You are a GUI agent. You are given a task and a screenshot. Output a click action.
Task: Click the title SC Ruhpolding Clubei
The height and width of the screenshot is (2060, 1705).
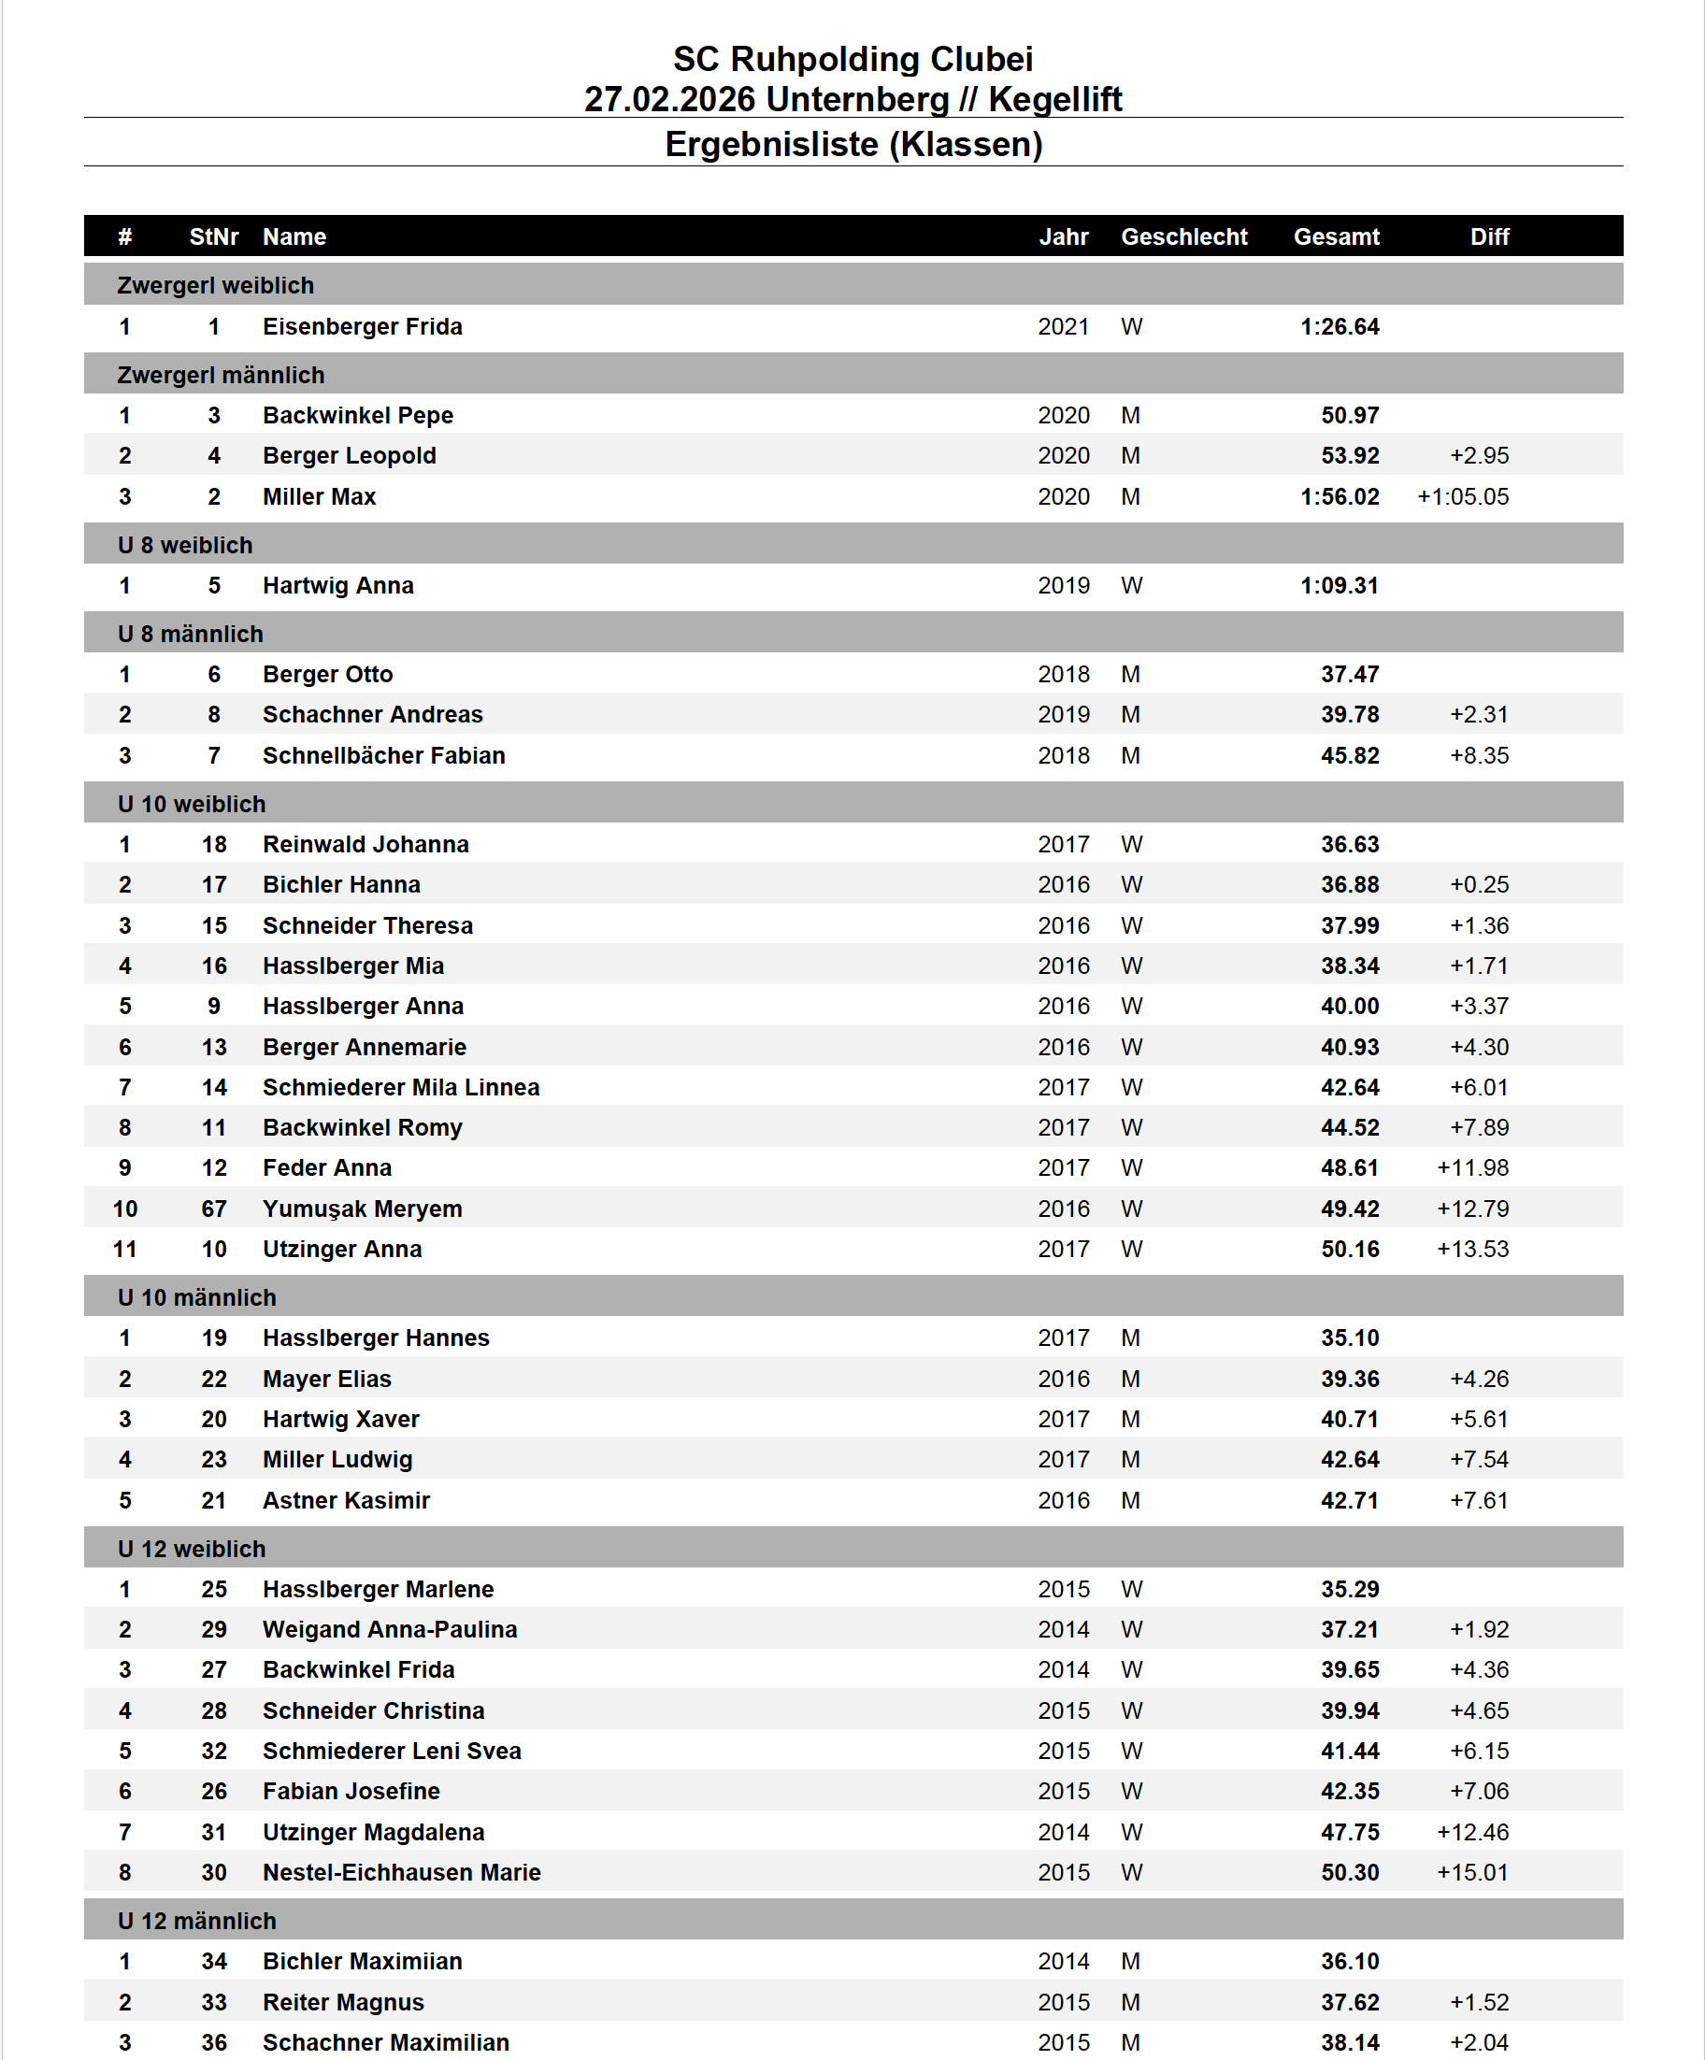pyautogui.click(x=852, y=59)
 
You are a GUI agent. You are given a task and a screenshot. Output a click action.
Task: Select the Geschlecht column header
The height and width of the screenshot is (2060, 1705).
pyautogui.click(x=1183, y=236)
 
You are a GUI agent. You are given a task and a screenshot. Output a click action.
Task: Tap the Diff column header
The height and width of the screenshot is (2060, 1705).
pyautogui.click(x=1488, y=236)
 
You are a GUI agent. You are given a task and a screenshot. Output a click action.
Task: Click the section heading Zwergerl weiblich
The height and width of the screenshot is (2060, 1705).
pyautogui.click(x=216, y=285)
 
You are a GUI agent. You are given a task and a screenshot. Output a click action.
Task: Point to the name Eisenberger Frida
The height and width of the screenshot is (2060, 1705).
pyautogui.click(x=362, y=326)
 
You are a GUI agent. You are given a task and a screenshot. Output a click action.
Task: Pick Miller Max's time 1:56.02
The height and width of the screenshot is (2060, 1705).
pyautogui.click(x=1340, y=496)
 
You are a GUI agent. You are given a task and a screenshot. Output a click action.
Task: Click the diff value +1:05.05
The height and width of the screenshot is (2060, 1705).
pyautogui.click(x=1462, y=496)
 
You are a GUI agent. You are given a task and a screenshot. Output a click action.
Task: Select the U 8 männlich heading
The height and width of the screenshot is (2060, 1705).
pyautogui.click(x=191, y=634)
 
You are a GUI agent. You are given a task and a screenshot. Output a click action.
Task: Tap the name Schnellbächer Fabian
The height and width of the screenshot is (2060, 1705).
pyautogui.click(x=383, y=755)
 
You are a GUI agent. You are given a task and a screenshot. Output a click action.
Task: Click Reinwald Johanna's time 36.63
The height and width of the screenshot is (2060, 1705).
pyautogui.click(x=1349, y=845)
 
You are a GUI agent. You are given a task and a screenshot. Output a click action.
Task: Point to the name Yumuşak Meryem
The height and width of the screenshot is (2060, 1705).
pyautogui.click(x=362, y=1209)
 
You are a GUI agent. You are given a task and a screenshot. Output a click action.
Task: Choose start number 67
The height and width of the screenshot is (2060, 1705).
pyautogui.click(x=214, y=1209)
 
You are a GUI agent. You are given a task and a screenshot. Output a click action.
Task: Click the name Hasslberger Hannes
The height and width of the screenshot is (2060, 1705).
pyautogui.click(x=376, y=1338)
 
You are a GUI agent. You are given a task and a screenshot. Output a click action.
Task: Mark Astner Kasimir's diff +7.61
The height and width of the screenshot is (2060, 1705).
pyautogui.click(x=1479, y=1500)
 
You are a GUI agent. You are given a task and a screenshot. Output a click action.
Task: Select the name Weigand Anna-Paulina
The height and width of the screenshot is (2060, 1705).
pyautogui.click(x=390, y=1629)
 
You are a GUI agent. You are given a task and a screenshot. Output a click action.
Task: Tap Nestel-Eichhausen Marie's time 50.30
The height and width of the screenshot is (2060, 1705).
pyautogui.click(x=1349, y=1873)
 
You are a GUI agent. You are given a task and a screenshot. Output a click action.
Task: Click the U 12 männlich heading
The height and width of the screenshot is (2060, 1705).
pyautogui.click(x=197, y=1921)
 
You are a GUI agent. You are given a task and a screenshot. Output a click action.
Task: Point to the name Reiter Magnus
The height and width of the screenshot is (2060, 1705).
pyautogui.click(x=343, y=2002)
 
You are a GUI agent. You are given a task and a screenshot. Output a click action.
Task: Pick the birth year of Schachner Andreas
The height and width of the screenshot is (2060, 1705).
pyautogui.click(x=1064, y=714)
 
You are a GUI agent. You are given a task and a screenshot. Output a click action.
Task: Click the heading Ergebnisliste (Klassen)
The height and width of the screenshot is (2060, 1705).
pyautogui.click(x=852, y=144)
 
